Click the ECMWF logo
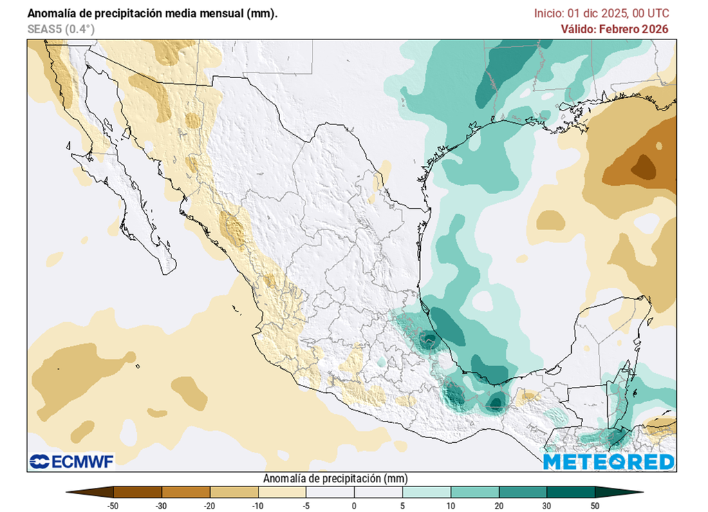click(71, 461)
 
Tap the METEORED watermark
click(609, 462)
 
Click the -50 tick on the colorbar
click(113, 505)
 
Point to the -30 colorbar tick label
click(161, 505)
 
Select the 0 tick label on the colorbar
click(354, 505)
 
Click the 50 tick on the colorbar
click(595, 505)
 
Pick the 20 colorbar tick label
click(499, 505)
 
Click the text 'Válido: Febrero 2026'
click(615, 29)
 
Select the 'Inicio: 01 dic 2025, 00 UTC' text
click(602, 13)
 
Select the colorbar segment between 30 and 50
click(571, 491)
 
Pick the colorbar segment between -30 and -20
click(185, 491)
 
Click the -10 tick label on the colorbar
click(257, 505)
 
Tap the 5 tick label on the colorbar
click(402, 505)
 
